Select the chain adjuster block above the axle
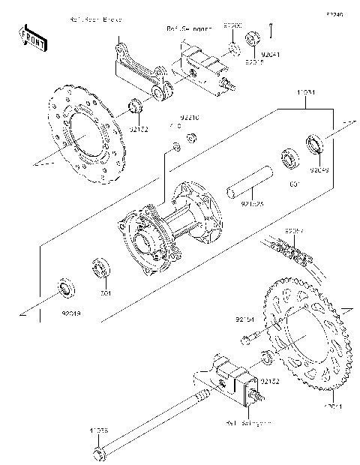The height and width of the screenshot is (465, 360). (232, 377)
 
